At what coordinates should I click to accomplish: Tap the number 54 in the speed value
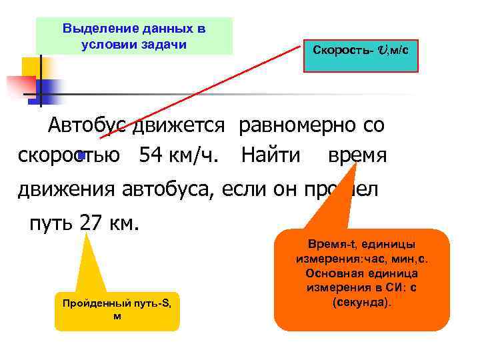[151, 156]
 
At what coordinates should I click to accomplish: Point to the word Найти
[271, 156]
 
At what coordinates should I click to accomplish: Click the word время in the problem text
[357, 156]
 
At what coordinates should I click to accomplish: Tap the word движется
[181, 125]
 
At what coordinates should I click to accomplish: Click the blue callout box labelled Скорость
[361, 51]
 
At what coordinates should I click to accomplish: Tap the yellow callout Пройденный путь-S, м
[117, 309]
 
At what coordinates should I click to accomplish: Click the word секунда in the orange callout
[362, 302]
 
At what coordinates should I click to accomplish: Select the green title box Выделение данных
[134, 36]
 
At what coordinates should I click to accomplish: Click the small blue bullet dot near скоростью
[81, 155]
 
